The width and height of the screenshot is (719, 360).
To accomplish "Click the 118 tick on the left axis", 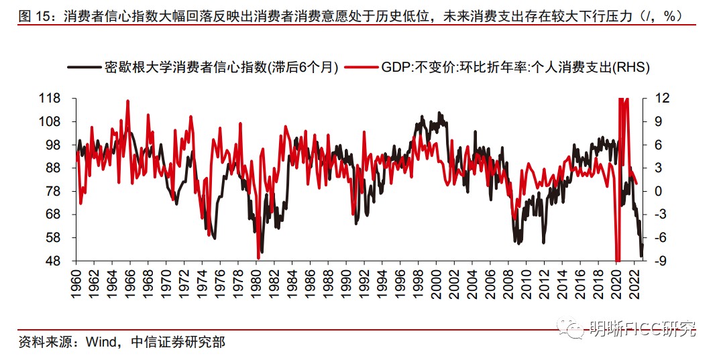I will pos(60,99).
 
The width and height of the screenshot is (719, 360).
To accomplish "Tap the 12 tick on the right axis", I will pos(655,99).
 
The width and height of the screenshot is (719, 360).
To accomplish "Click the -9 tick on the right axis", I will pos(655,261).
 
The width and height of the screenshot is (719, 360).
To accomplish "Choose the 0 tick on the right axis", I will pos(653,191).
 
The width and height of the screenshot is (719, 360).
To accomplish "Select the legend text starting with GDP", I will pos(515,68).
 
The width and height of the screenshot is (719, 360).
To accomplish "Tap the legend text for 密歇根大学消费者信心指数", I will pos(221,68).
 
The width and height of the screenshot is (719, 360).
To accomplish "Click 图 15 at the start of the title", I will pos(35,16).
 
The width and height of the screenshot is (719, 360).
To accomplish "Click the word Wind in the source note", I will pos(99,343).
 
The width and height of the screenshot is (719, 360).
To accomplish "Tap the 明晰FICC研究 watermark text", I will pos(642,329).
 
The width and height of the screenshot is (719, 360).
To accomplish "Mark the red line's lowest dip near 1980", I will pos(258,258).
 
